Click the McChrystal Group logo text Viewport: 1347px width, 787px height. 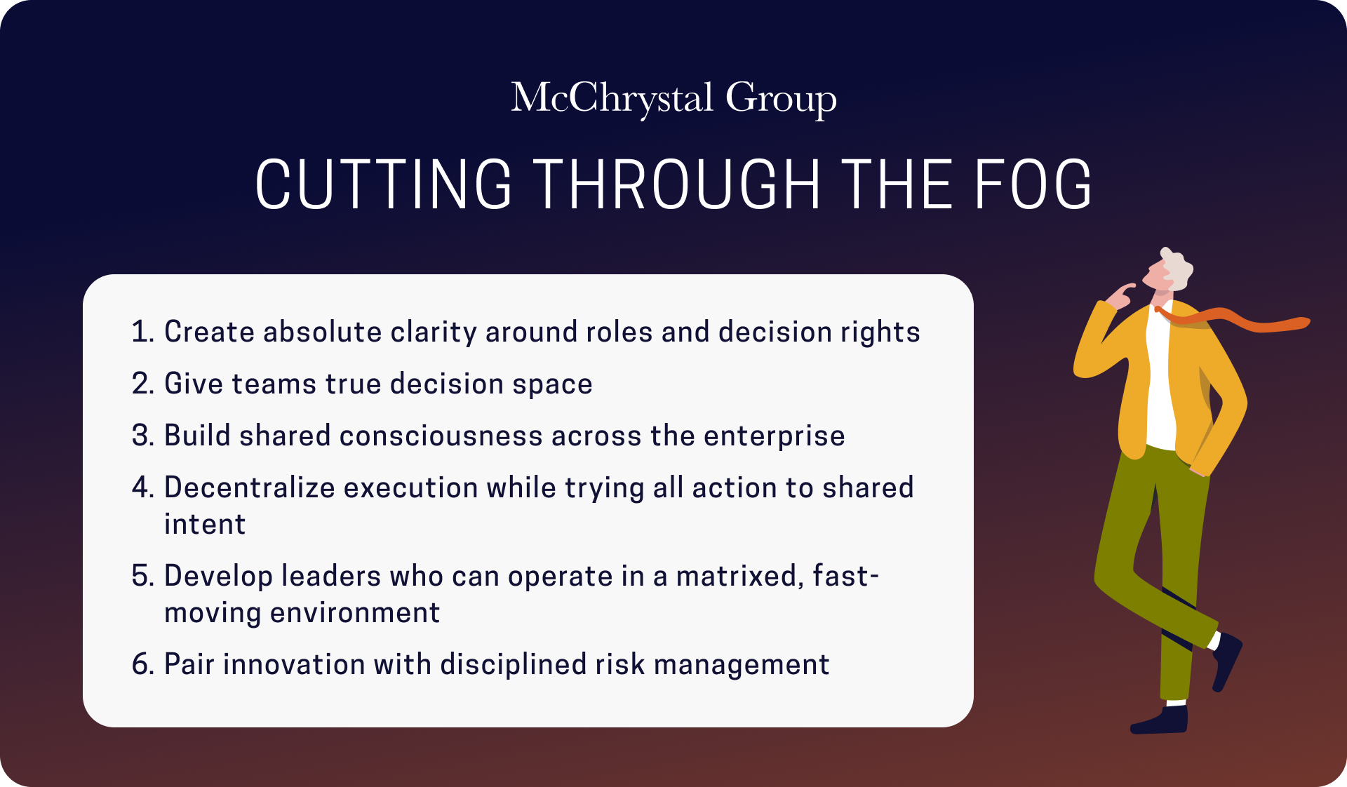tap(673, 98)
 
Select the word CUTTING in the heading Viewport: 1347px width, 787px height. tap(383, 184)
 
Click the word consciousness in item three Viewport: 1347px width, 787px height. tap(441, 436)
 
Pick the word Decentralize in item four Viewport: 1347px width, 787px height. tap(250, 487)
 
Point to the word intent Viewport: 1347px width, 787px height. tap(205, 525)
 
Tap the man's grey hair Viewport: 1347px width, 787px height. tap(1177, 268)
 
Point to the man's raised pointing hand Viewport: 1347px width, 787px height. tap(1120, 295)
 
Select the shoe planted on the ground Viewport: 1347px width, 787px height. tap(1159, 720)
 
